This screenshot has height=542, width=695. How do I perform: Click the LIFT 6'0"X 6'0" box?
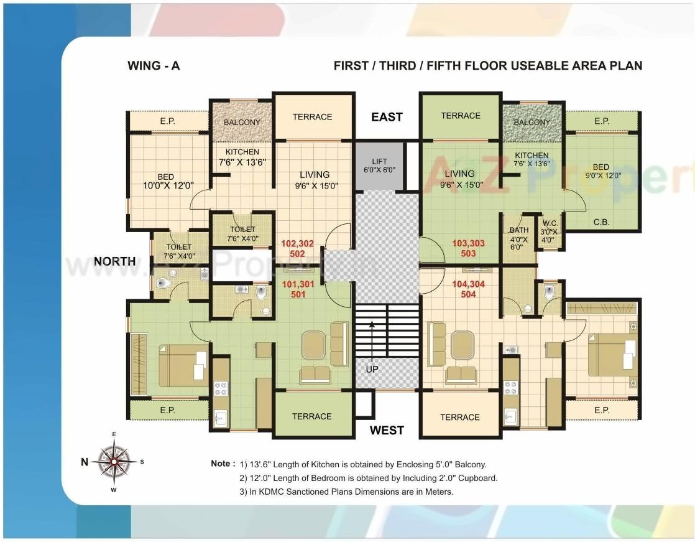pos(379,166)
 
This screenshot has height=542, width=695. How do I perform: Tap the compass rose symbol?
pos(114,461)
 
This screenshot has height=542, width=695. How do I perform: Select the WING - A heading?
pos(154,65)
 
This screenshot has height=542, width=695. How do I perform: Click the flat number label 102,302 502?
pos(298,248)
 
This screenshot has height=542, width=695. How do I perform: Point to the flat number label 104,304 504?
pos(468,289)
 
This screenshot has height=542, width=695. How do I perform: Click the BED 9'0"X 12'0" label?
pos(601,171)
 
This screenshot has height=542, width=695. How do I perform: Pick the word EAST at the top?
pos(387,117)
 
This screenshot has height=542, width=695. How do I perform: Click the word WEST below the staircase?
pos(387,430)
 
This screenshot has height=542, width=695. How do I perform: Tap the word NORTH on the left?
pos(114,261)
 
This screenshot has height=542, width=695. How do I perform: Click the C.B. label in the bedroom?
pos(601,221)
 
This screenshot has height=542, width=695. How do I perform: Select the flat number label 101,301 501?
pos(298,289)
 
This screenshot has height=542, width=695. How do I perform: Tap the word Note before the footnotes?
pos(223,464)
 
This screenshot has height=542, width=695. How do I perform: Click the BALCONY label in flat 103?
pos(532,122)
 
